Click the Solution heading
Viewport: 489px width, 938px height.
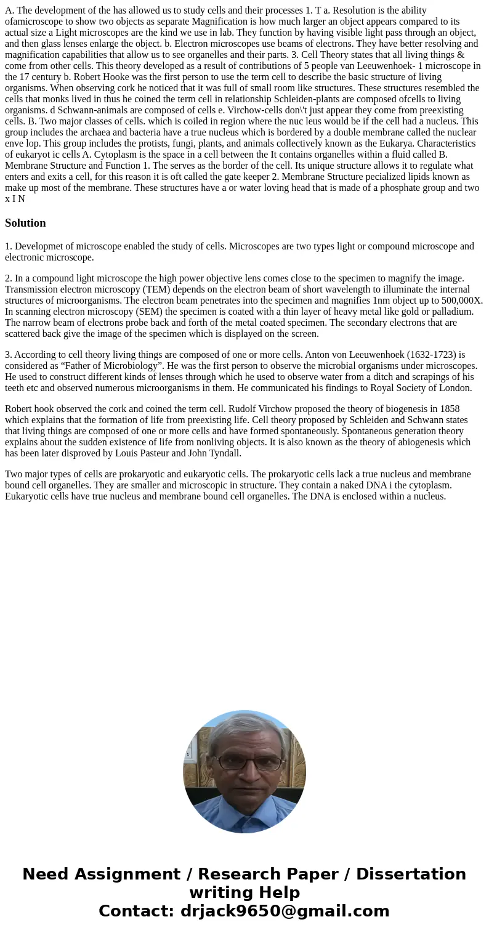25,223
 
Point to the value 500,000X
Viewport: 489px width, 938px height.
459,301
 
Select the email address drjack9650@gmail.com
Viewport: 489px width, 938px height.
285,912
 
